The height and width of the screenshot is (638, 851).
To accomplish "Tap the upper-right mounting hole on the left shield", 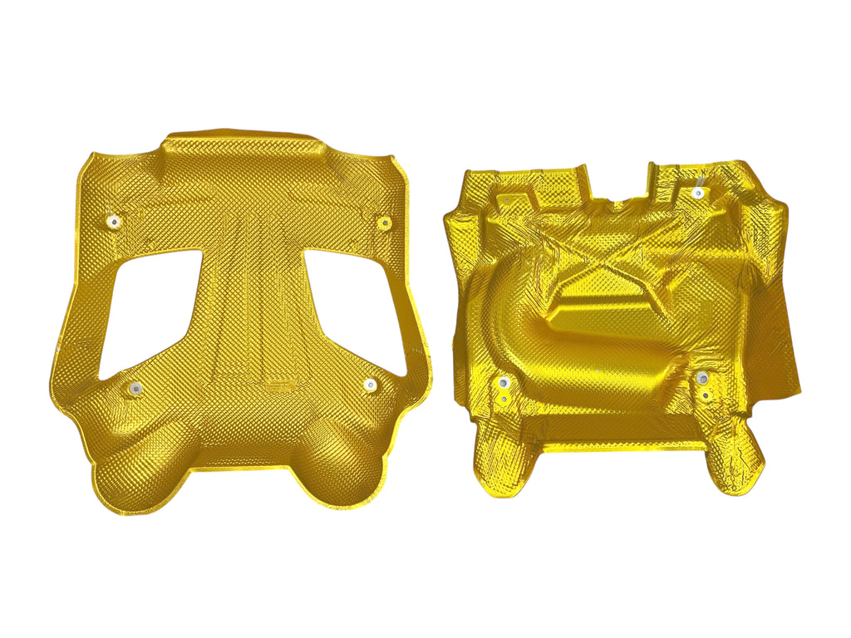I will tap(383, 223).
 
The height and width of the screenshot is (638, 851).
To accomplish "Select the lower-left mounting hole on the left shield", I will tap(132, 388).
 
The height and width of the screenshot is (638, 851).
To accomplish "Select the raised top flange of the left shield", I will tap(241, 150).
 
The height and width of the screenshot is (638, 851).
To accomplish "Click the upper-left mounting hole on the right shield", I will tap(504, 199).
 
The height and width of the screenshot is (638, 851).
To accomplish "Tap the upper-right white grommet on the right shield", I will tap(698, 193).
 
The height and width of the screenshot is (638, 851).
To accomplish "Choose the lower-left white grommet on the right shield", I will tap(503, 383).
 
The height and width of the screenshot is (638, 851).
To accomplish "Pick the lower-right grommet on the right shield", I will tap(702, 379).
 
